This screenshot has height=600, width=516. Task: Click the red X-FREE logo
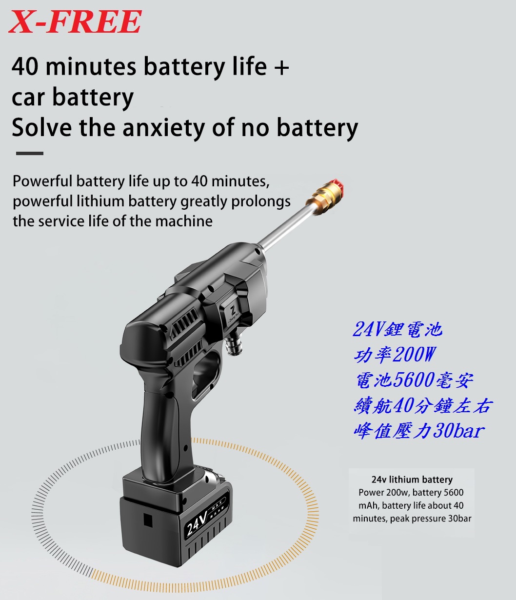click(x=75, y=21)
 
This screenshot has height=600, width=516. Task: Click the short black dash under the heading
click(x=30, y=153)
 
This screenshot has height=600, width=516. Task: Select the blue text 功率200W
click(x=395, y=355)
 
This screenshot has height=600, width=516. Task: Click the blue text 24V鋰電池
click(x=397, y=329)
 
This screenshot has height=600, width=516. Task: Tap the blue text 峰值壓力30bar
click(x=419, y=431)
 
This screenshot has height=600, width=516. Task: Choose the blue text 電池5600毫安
click(x=414, y=380)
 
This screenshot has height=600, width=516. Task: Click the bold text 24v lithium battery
click(x=412, y=480)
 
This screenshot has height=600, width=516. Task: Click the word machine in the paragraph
click(x=184, y=221)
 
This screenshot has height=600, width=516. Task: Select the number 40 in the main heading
click(x=24, y=66)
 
